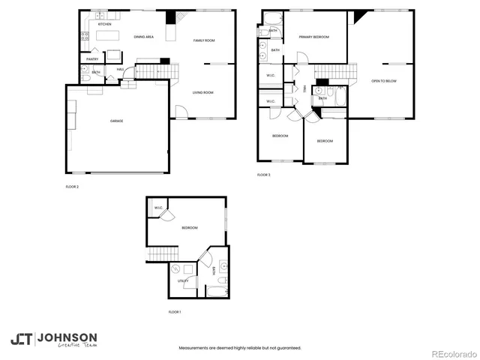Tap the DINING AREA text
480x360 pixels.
point(144,37)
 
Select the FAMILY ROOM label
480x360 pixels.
point(204,40)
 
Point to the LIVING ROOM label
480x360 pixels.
point(203,92)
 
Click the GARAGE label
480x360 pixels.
point(116,120)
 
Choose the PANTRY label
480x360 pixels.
point(93,59)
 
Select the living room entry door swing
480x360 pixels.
point(181,112)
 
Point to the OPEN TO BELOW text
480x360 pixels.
point(383,81)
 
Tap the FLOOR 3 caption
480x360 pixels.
point(263,175)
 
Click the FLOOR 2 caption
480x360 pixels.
point(71,186)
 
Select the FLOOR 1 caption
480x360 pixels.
point(175,311)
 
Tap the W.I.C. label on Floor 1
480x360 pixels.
point(158,208)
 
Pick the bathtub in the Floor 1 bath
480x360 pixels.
point(217,290)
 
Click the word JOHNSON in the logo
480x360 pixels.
point(67,337)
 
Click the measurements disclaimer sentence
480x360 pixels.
point(239,348)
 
